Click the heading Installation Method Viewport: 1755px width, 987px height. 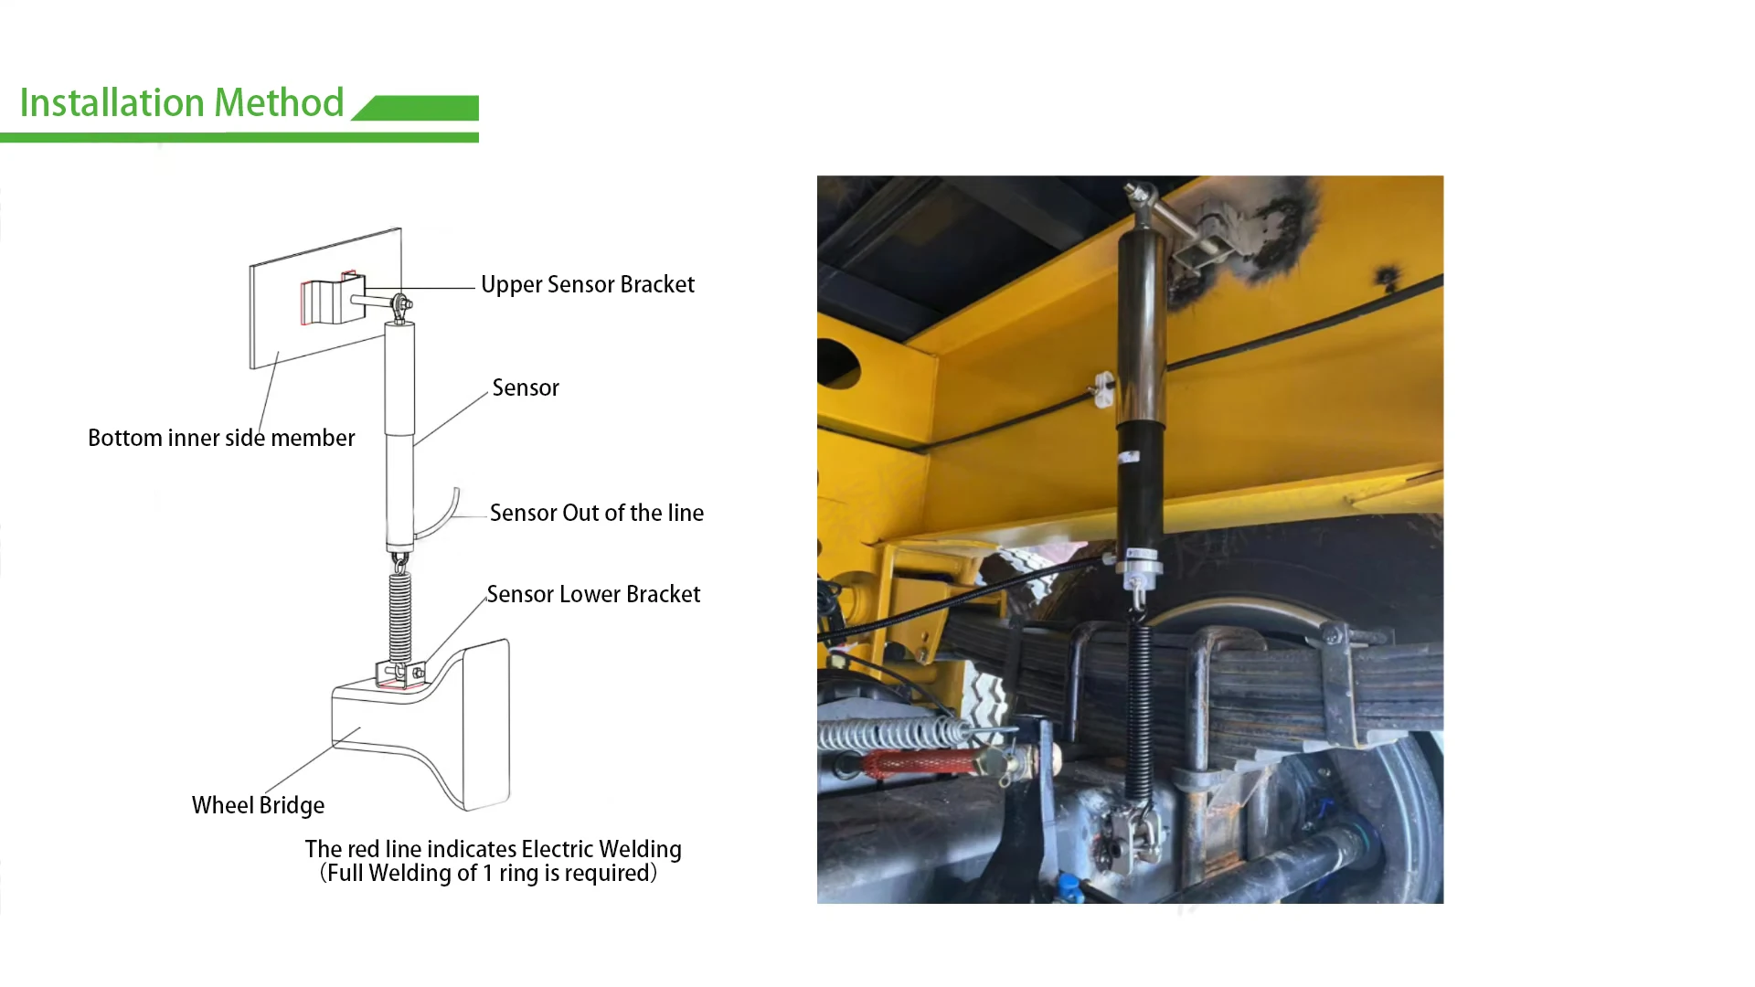coord(181,102)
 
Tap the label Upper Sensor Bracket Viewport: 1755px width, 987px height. coord(587,284)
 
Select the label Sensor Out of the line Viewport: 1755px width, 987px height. coord(596,513)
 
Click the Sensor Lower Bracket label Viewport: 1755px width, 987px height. coord(592,594)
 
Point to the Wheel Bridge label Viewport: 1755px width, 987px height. coord(258,805)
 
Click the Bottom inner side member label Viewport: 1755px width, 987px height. coord(221,438)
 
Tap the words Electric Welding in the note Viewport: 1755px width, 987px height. coord(601,849)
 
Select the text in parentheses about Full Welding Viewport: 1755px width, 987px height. coord(488,874)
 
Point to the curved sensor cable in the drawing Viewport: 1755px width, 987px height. coord(445,516)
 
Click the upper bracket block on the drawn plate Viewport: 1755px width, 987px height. coord(327,300)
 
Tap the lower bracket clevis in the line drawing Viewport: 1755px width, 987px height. coord(400,674)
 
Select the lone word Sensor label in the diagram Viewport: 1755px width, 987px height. coord(526,387)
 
